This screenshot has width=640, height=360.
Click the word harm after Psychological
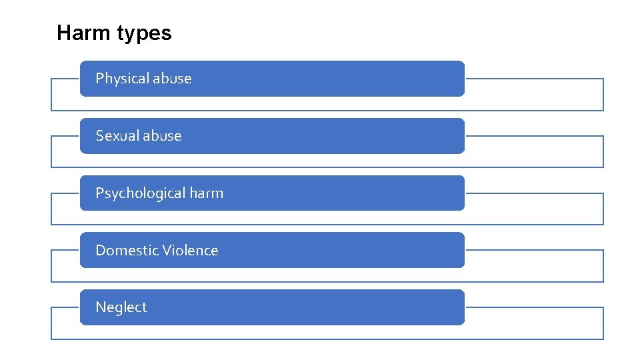[x=207, y=193]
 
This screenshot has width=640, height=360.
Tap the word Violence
[x=191, y=251]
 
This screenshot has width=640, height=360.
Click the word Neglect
[x=121, y=307]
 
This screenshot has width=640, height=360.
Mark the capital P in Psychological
[x=100, y=193]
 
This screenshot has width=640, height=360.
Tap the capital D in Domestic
[x=101, y=251]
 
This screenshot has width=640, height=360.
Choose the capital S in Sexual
[x=100, y=136]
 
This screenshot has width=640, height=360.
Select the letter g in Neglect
[x=117, y=309]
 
